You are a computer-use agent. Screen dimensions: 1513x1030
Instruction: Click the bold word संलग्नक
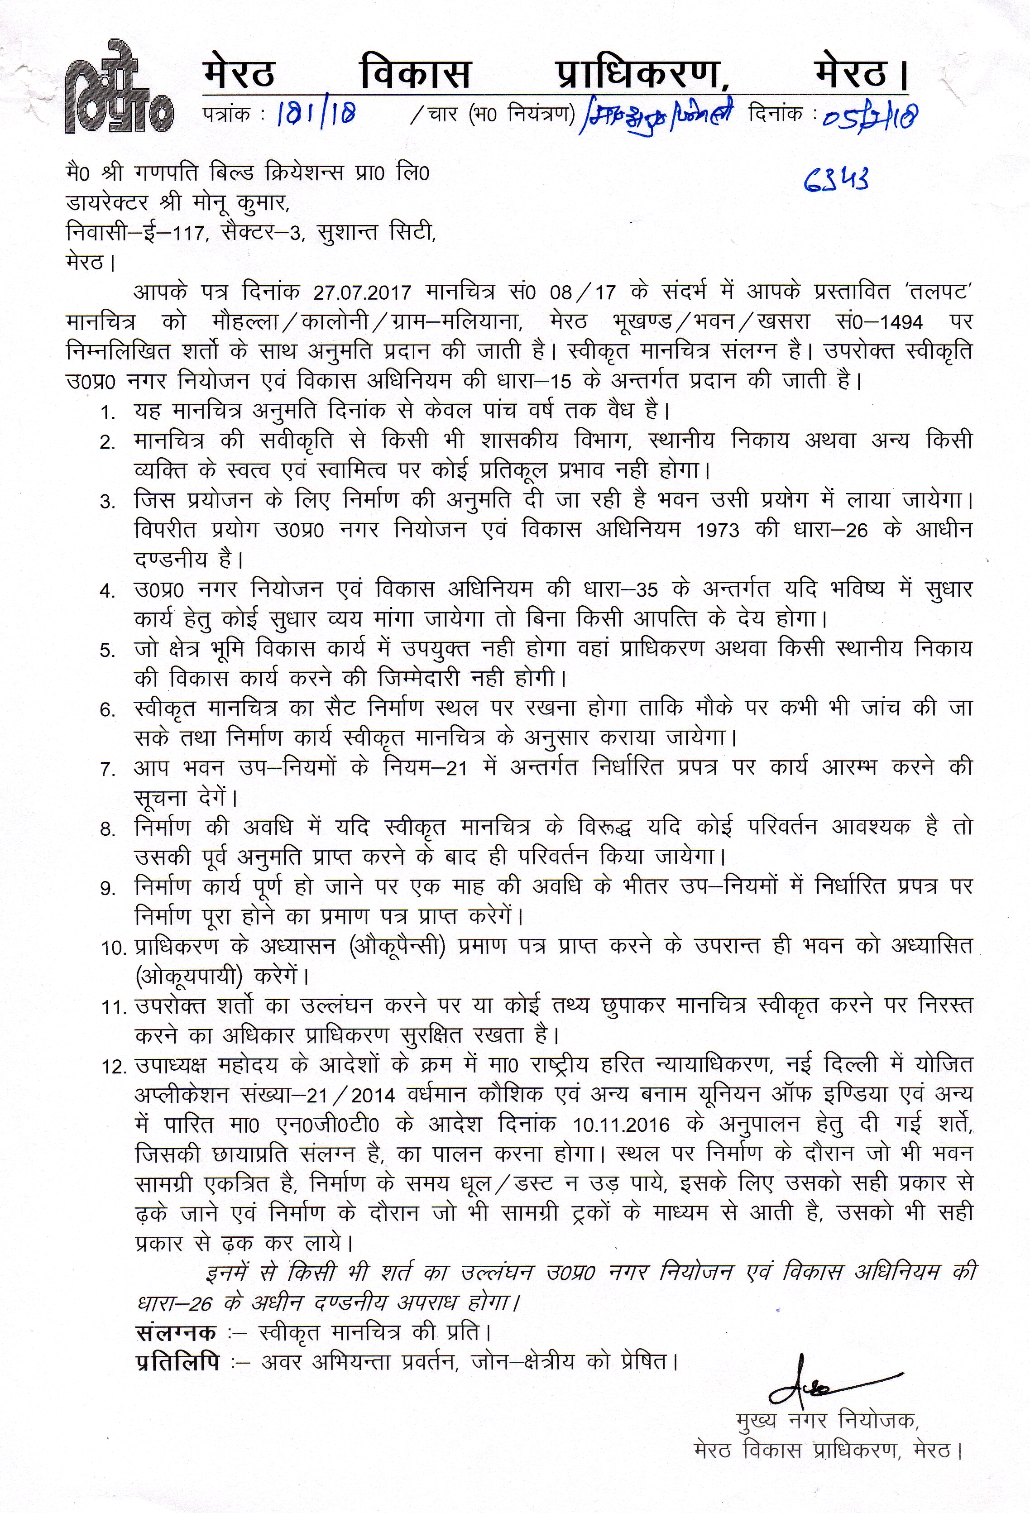[177, 1314]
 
